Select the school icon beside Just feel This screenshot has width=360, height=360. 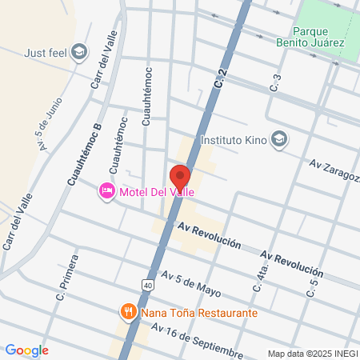click(x=78, y=54)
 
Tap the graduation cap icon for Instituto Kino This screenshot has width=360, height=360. click(x=278, y=139)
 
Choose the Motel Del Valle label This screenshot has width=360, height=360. click(x=157, y=191)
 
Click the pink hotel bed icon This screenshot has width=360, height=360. click(x=106, y=191)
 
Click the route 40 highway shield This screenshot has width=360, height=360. click(x=149, y=284)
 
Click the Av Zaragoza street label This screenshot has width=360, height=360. click(x=334, y=170)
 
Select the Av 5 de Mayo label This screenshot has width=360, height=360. click(x=190, y=284)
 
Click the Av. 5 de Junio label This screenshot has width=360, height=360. click(x=50, y=126)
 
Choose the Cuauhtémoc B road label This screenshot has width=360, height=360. click(x=84, y=154)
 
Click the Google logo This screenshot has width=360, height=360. click(x=26, y=350)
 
